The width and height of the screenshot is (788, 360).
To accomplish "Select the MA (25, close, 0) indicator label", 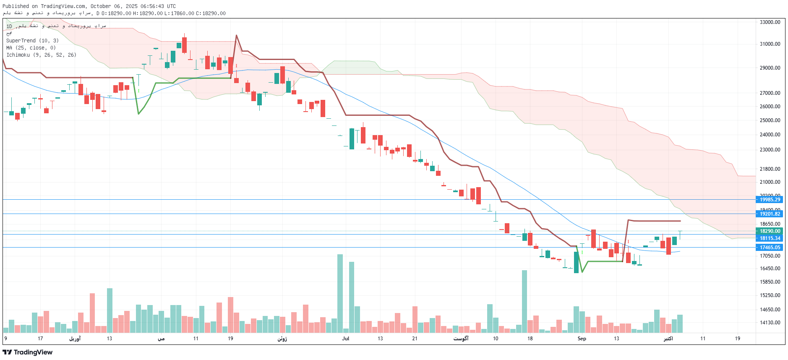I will click(31, 48).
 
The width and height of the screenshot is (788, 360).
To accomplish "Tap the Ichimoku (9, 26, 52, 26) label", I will click(41, 55).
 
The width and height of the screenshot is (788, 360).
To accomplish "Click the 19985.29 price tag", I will click(770, 200).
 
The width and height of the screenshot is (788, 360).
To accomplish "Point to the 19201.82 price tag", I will click(770, 214).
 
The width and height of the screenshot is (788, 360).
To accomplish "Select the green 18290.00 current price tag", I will click(770, 231).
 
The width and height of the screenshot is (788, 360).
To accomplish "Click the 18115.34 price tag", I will click(770, 238).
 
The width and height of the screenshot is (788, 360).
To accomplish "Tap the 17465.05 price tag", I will click(770, 248).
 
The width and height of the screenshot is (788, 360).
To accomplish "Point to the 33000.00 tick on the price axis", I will click(770, 22).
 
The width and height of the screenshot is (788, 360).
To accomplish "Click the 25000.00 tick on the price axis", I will click(770, 120).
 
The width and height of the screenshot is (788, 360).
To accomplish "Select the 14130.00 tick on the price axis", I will click(770, 323).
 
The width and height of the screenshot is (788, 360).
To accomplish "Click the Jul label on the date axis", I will click(345, 339).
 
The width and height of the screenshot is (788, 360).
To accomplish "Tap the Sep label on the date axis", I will click(582, 339).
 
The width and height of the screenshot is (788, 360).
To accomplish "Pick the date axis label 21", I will click(415, 339).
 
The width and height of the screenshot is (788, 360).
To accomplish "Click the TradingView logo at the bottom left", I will click(28, 352).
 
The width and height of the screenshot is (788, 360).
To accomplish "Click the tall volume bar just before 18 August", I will click(524, 301).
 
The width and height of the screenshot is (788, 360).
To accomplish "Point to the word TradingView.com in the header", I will click(63, 6).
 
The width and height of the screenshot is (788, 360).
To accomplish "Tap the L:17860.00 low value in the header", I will click(179, 13).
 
